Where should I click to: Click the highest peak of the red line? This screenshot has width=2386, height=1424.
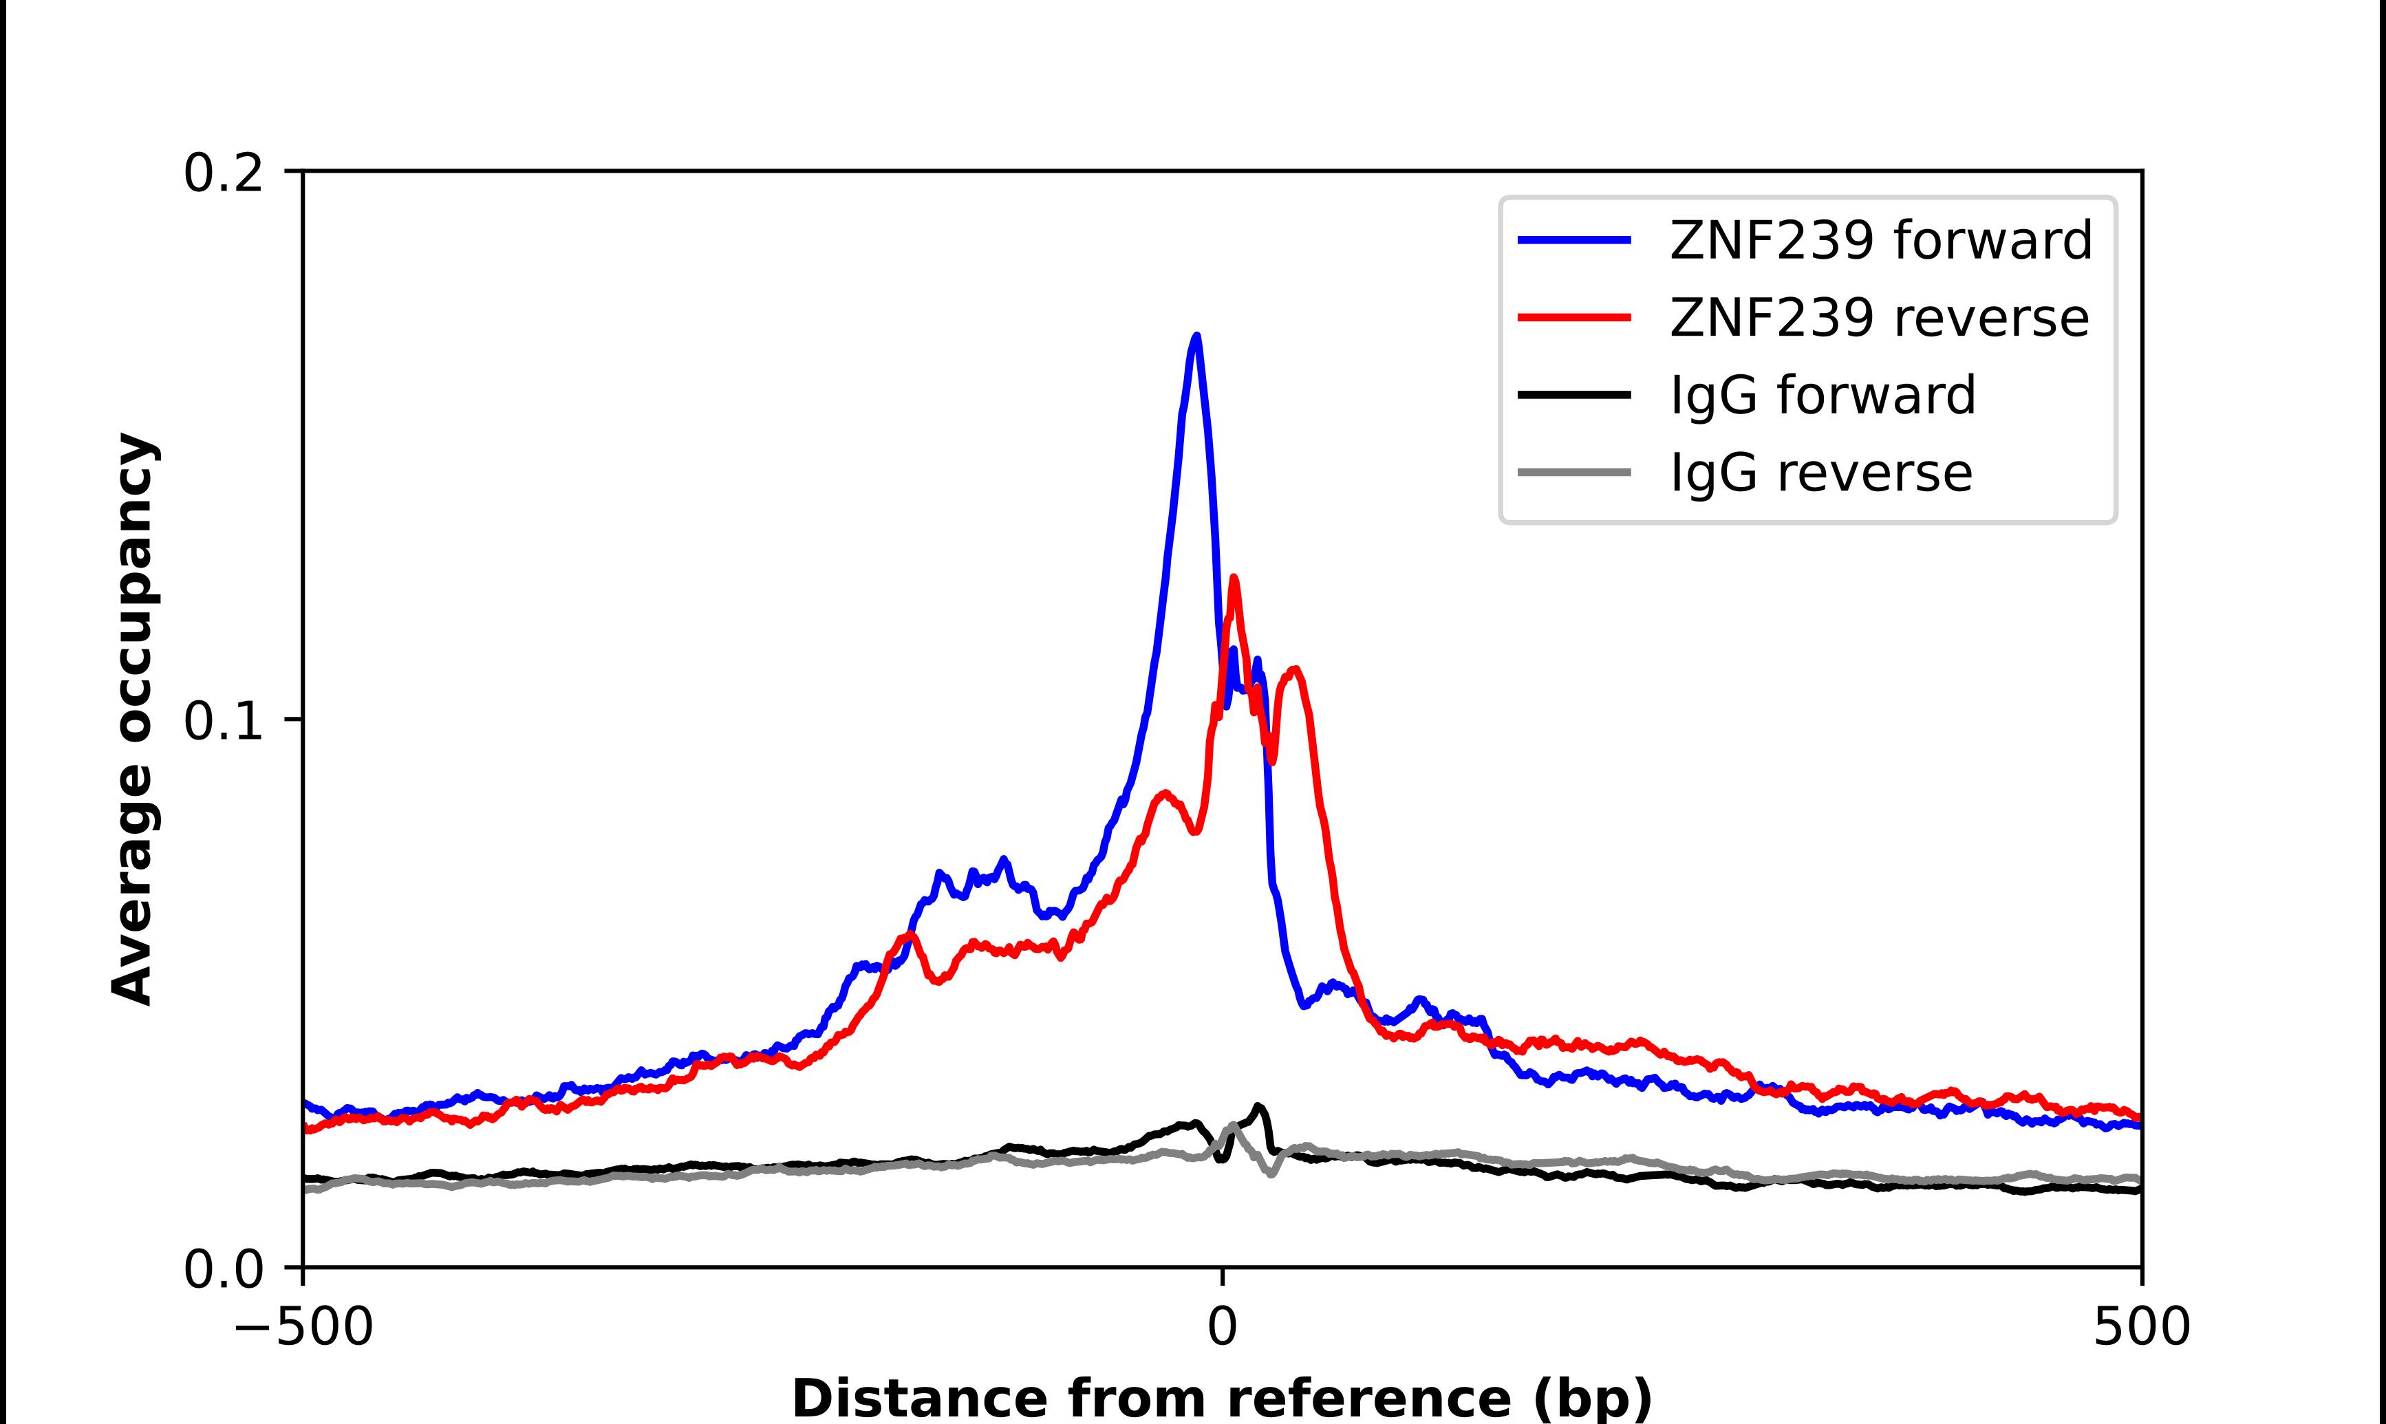[x=1234, y=578]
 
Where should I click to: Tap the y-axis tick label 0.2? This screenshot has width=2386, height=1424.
[x=223, y=173]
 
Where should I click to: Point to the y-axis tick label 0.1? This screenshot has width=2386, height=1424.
[x=223, y=722]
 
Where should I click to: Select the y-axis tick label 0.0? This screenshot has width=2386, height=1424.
[x=223, y=1269]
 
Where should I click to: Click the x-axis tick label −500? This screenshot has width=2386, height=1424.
[x=303, y=1327]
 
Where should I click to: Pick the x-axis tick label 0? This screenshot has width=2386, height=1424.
[x=1223, y=1327]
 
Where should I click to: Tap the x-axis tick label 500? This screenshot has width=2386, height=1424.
[x=2141, y=1327]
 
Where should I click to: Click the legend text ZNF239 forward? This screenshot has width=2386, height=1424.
[x=1880, y=240]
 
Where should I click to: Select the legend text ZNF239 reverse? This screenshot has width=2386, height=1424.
[x=1878, y=318]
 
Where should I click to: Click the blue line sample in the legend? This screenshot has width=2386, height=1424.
[x=1574, y=240]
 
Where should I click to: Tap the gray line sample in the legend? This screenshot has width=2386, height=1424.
[x=1574, y=472]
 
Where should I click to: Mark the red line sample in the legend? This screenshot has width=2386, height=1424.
[x=1574, y=316]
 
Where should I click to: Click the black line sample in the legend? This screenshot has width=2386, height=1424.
[x=1574, y=394]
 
